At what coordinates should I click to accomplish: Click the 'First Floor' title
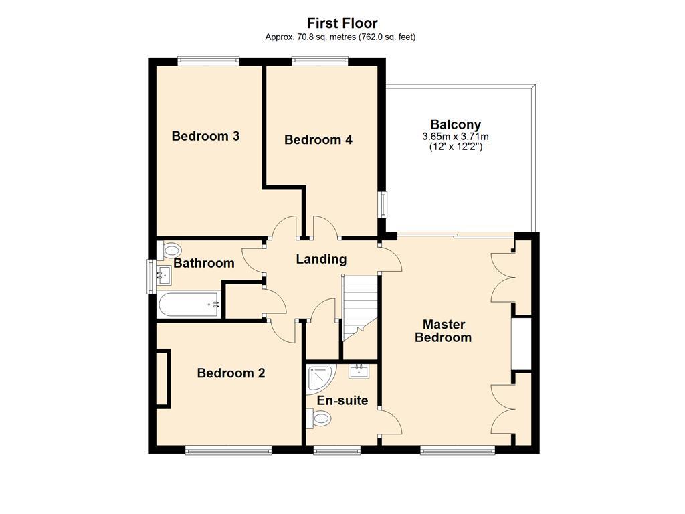[342, 23]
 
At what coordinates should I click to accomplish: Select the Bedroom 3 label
[205, 136]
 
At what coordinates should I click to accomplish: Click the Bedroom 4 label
[318, 140]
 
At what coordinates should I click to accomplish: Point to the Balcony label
[456, 124]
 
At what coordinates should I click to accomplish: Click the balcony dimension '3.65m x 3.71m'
[456, 136]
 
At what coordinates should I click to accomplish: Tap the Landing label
[321, 259]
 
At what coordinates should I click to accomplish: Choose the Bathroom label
[204, 263]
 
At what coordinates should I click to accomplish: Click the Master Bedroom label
[443, 331]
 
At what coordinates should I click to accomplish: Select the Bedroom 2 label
[231, 373]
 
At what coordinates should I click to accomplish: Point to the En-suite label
[342, 400]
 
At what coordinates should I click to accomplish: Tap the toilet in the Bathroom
[168, 250]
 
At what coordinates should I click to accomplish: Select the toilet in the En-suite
[319, 419]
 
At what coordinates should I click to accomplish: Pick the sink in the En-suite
[359, 371]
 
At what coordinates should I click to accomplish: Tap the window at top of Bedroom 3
[208, 61]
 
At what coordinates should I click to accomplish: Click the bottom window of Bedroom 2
[228, 450]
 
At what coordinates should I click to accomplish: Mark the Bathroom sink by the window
[163, 273]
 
